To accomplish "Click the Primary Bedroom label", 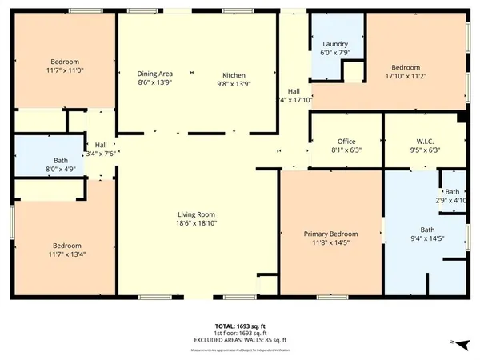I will point(330,234).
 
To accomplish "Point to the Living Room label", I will point(197,214).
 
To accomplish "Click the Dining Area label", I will point(154,74).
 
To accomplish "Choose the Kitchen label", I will point(234,74).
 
